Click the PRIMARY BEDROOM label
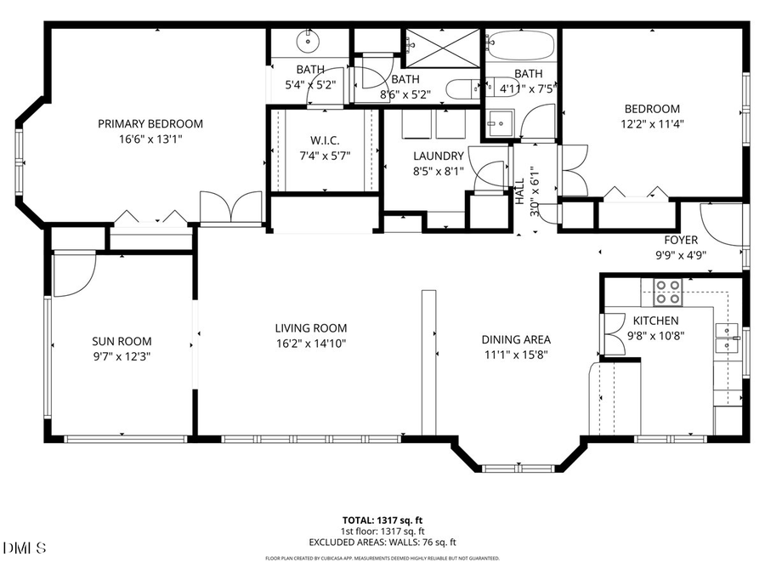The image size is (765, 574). coord(150,123)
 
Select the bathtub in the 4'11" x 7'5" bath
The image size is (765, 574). coord(521,43)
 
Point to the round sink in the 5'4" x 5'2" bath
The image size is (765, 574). coord(305,40)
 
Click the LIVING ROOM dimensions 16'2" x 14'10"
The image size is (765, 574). coord(310,343)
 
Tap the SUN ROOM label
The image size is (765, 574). coord(115,341)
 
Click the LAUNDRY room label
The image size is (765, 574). coord(438,156)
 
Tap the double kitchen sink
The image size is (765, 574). coord(725,338)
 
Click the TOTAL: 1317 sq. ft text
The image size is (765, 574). coord(382,519)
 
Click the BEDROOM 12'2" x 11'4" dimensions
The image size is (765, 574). coord(652,123)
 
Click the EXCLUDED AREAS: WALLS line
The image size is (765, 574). coord(382,541)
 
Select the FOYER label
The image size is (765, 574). coord(681,240)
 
